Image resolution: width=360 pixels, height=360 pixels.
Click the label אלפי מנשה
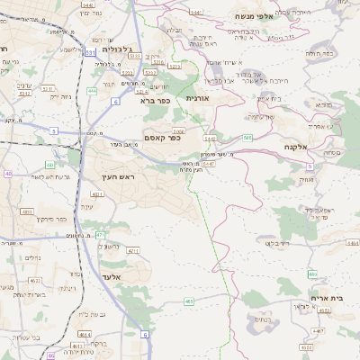(x=253, y=16)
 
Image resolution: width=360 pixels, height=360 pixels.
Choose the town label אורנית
(x=197, y=97)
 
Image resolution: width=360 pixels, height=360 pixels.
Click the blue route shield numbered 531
(x=91, y=54)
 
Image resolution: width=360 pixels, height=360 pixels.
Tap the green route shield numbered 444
(x=92, y=91)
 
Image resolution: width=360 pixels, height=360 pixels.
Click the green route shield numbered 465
(x=189, y=301)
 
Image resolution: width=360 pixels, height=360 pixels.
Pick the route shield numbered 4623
(x=58, y=282)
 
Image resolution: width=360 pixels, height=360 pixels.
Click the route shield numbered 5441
(x=210, y=139)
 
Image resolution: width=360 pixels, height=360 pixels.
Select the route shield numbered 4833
(x=26, y=211)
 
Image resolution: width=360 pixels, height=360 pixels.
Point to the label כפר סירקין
(x=49, y=219)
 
